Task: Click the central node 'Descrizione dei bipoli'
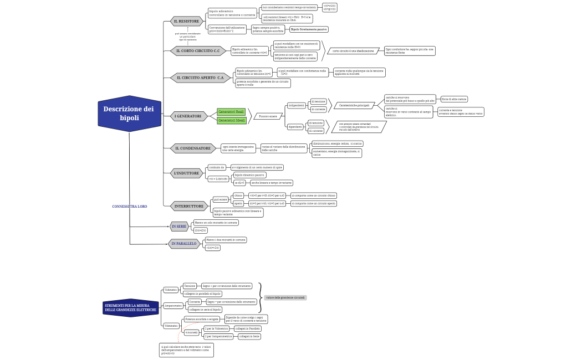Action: coord(129,114)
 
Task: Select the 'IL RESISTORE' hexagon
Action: coord(186,21)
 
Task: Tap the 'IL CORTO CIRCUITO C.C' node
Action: coord(198,51)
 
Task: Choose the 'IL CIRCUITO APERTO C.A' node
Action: coord(200,78)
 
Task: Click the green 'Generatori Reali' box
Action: coord(231,112)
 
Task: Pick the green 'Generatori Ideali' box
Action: coord(231,120)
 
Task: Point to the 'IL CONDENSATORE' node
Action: coord(193,148)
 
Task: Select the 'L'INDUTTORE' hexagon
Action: coord(186,173)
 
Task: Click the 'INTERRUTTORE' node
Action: coord(189,206)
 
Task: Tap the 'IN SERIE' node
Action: coord(179,226)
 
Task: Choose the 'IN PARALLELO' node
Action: coord(184,243)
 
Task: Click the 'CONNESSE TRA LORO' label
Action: coord(130,206)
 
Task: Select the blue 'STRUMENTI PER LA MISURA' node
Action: coord(127,307)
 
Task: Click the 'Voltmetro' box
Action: coord(171,290)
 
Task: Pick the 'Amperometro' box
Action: coord(173,306)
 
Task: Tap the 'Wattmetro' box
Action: coord(171,326)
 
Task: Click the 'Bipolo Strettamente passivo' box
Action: coord(309,29)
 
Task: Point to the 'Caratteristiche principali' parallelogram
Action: coord(354,105)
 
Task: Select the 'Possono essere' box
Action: coord(268,116)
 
